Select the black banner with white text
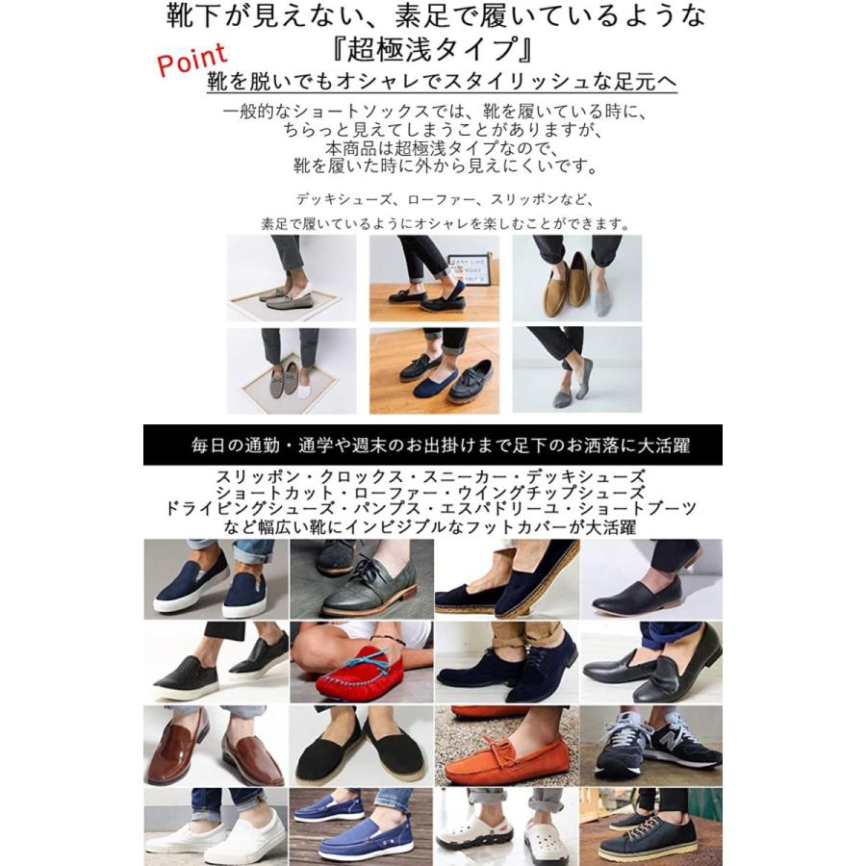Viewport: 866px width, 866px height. coord(433,446)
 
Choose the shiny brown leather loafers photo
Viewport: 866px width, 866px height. coord(216,746)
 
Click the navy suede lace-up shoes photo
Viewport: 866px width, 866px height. coord(506,664)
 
